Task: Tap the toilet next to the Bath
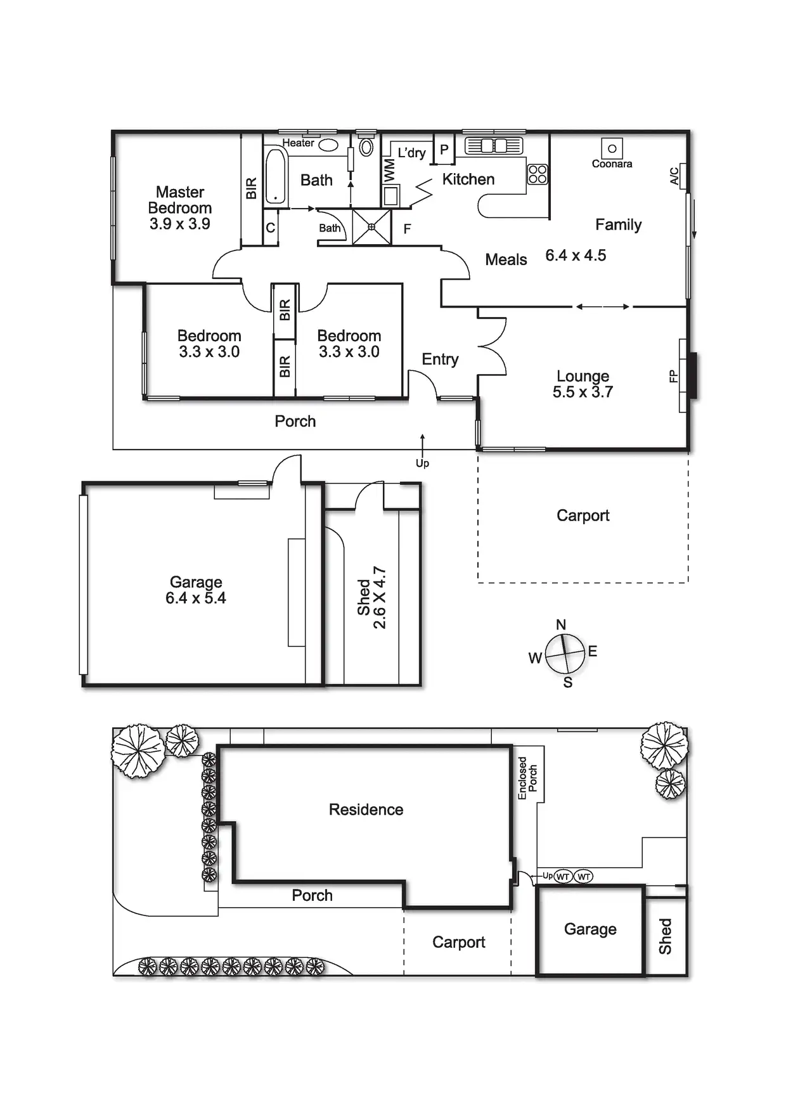coord(366,147)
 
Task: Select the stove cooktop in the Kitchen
coord(538,174)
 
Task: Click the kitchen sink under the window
coord(494,146)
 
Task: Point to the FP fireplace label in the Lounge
coord(673,377)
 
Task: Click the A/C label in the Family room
coord(674,176)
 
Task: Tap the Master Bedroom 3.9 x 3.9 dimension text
coord(180,224)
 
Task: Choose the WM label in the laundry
coord(389,170)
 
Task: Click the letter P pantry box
coord(444,150)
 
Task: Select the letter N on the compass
coord(561,624)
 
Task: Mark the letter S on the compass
coord(568,683)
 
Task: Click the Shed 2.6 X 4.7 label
coord(371,597)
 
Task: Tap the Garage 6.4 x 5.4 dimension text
coord(196,598)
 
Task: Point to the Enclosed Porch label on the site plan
coord(527,777)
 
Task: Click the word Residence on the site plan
coord(366,810)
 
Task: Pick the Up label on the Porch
coord(422,463)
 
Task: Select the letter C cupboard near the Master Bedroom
coord(271,228)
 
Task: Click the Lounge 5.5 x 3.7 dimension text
coord(583,392)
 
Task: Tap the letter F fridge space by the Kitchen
coord(407,229)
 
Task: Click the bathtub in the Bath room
coord(275,176)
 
